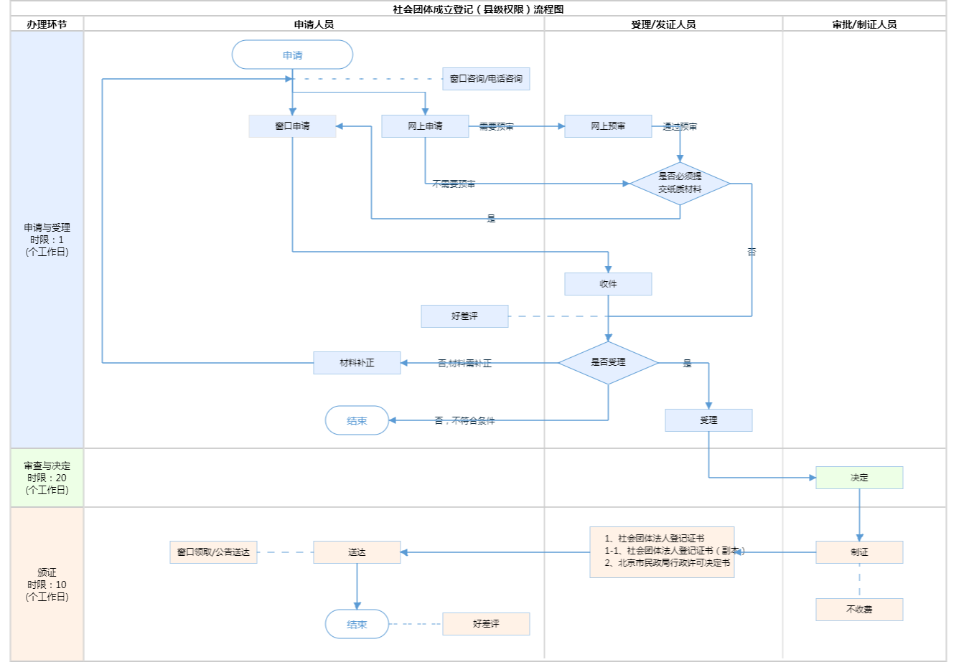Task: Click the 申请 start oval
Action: pos(292,55)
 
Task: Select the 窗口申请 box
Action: pos(292,126)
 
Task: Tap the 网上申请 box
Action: pos(425,126)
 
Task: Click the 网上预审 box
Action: pos(608,126)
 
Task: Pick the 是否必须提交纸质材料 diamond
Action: pos(680,184)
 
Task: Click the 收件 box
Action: pos(608,284)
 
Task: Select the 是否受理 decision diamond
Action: pos(608,363)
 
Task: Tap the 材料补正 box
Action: pos(357,363)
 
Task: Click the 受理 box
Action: pos(708,420)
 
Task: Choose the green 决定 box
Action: pos(859,478)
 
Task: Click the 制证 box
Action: pos(859,552)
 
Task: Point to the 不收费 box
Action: pos(859,610)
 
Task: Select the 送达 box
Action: pos(357,552)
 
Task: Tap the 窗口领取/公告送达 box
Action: pos(213,552)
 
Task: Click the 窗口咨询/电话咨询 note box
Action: pos(486,79)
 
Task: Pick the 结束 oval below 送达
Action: pos(357,624)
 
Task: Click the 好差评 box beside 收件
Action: pos(464,316)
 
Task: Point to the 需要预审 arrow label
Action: pos(496,127)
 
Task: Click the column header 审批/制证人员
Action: pos(864,24)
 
